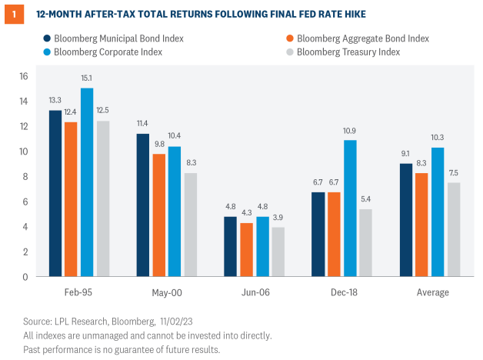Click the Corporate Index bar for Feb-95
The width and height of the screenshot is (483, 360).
(87, 182)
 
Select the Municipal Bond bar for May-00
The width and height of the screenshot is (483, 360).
(143, 205)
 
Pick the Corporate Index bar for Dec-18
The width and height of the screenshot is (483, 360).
(350, 208)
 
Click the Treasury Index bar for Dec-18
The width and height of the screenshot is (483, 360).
(365, 242)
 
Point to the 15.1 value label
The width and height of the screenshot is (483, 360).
(88, 78)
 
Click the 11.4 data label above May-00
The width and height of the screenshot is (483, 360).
(143, 124)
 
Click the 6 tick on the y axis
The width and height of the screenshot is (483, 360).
(25, 202)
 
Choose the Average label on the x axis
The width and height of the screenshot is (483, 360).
(433, 293)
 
